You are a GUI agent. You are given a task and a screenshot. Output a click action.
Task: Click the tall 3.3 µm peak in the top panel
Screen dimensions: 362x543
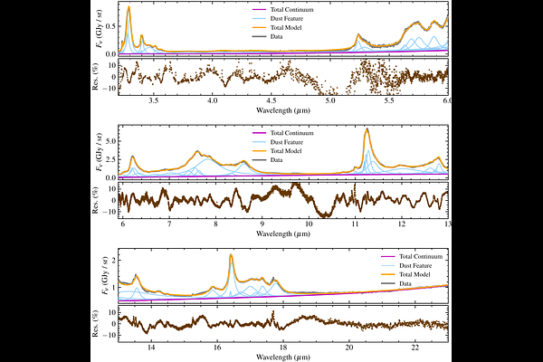(x=129, y=8)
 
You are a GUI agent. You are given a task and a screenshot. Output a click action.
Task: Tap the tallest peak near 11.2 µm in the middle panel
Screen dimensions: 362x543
(x=367, y=130)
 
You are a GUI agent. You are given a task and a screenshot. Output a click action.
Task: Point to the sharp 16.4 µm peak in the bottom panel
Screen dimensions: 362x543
(x=232, y=256)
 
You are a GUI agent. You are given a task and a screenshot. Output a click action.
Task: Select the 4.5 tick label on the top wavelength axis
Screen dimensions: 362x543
(x=271, y=103)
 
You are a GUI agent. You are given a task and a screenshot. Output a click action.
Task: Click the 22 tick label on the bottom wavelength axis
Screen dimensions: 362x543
(x=414, y=348)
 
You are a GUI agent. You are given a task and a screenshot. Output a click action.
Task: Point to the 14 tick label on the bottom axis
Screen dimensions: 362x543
(x=150, y=348)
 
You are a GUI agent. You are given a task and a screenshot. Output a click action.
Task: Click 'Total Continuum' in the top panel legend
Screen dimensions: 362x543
(x=303, y=9)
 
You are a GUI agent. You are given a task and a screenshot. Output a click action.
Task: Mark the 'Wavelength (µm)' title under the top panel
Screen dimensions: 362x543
(x=282, y=113)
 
